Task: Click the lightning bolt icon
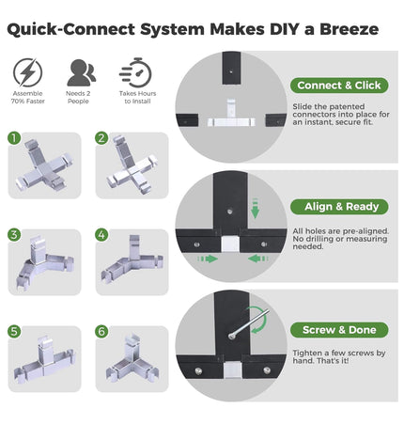pyautogui.click(x=27, y=72)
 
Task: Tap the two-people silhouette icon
pyautogui.click(x=81, y=72)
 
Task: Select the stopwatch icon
pyautogui.click(x=136, y=72)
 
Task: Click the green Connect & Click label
pyautogui.click(x=339, y=86)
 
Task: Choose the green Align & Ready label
pyautogui.click(x=339, y=207)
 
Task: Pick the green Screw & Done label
pyautogui.click(x=339, y=330)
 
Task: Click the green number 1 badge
pyautogui.click(x=14, y=138)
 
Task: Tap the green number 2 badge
pyautogui.click(x=101, y=138)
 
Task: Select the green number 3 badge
pyautogui.click(x=14, y=235)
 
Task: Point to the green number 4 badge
pyautogui.click(x=101, y=235)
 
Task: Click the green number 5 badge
pyautogui.click(x=14, y=332)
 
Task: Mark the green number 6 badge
pyautogui.click(x=101, y=332)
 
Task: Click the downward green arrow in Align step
pyautogui.click(x=255, y=208)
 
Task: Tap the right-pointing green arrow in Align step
pyautogui.click(x=208, y=259)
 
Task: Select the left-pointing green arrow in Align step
pyautogui.click(x=258, y=259)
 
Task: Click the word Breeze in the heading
pyautogui.click(x=349, y=29)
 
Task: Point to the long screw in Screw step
pyautogui.click(x=249, y=324)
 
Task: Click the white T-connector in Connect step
pyautogui.click(x=231, y=114)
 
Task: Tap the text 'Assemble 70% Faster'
pyautogui.click(x=28, y=97)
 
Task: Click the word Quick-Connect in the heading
pyautogui.click(x=70, y=30)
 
